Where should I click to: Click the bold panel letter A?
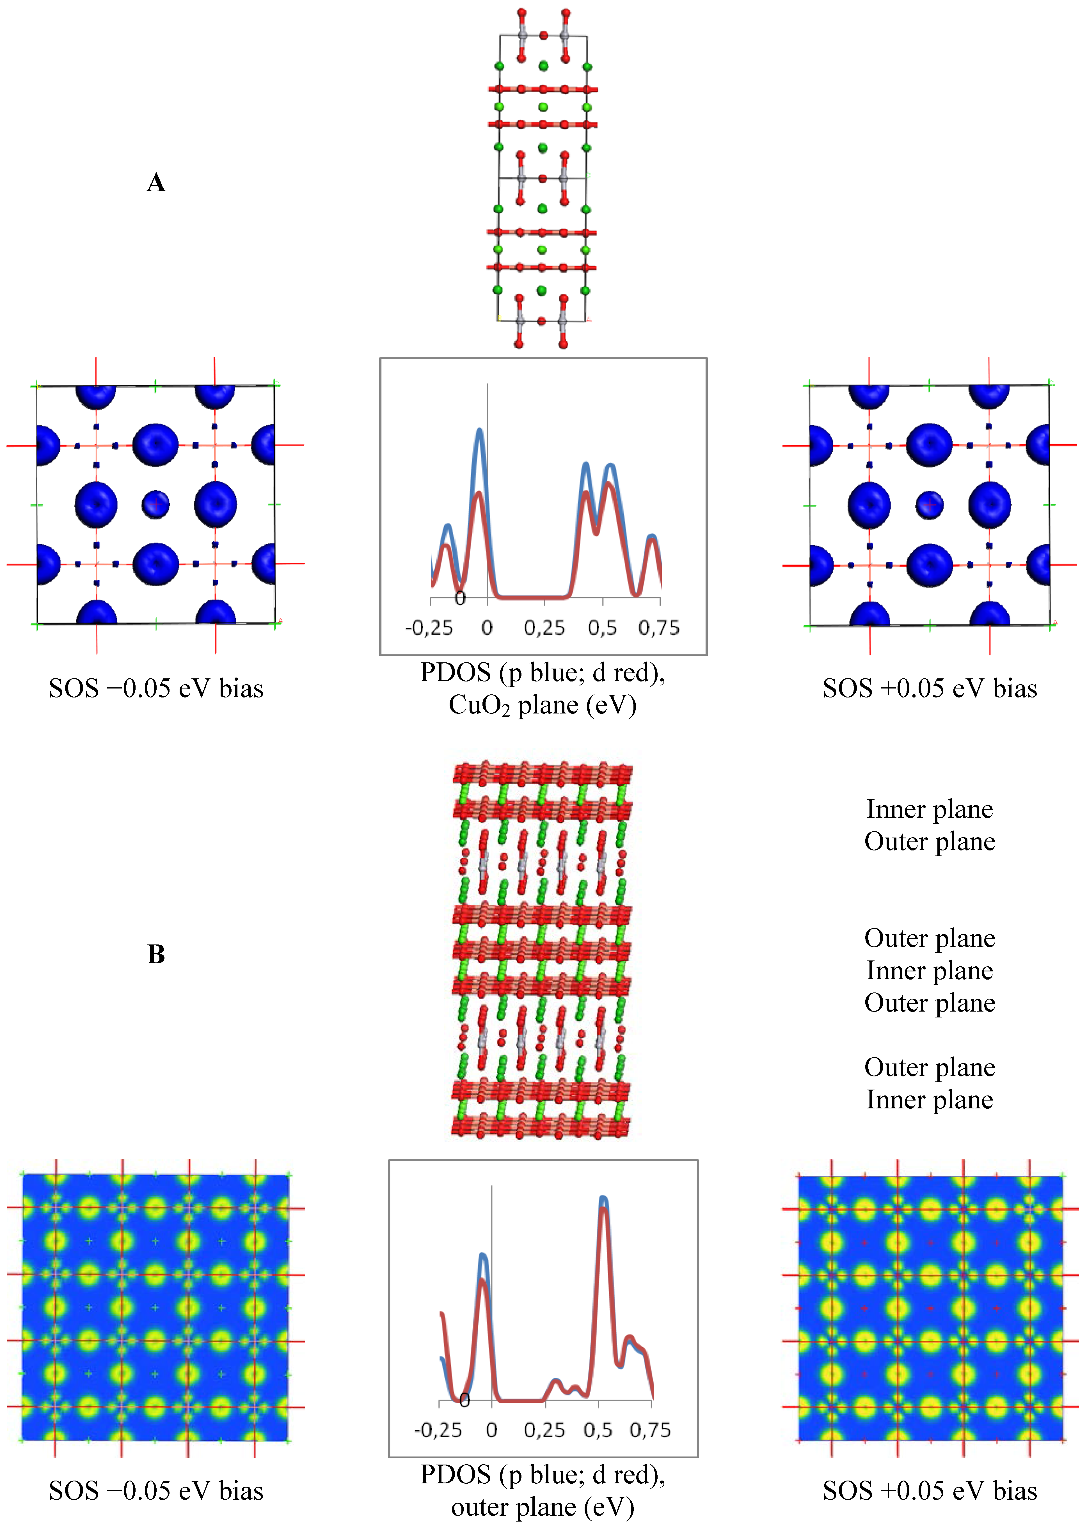tap(156, 183)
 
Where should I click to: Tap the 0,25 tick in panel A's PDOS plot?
tap(544, 628)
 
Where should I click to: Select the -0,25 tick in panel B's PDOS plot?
tap(438, 1429)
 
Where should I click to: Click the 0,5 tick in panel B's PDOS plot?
tap(598, 1429)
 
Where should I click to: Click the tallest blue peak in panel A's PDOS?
tap(479, 430)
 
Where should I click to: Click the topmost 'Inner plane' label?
tap(930, 809)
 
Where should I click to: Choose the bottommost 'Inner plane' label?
tap(930, 1100)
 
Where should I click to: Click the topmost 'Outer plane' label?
tap(930, 841)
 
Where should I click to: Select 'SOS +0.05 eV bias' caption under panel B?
tap(930, 1490)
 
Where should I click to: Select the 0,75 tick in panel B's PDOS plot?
tap(650, 1429)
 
